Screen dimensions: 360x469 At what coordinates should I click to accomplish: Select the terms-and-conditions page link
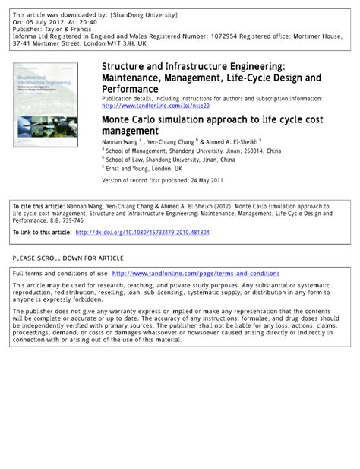click(x=195, y=273)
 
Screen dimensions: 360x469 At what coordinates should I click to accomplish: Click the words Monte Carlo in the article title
click(x=130, y=120)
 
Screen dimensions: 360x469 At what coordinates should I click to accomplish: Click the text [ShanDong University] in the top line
click(x=144, y=14)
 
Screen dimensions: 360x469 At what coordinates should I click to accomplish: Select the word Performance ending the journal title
click(x=130, y=89)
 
